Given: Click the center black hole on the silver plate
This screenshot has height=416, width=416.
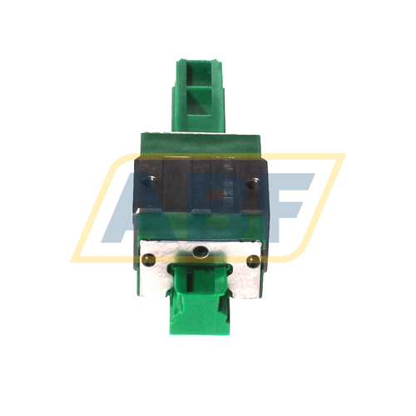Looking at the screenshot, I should (x=199, y=250).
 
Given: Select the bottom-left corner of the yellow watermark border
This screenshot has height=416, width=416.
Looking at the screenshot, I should (x=77, y=258).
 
